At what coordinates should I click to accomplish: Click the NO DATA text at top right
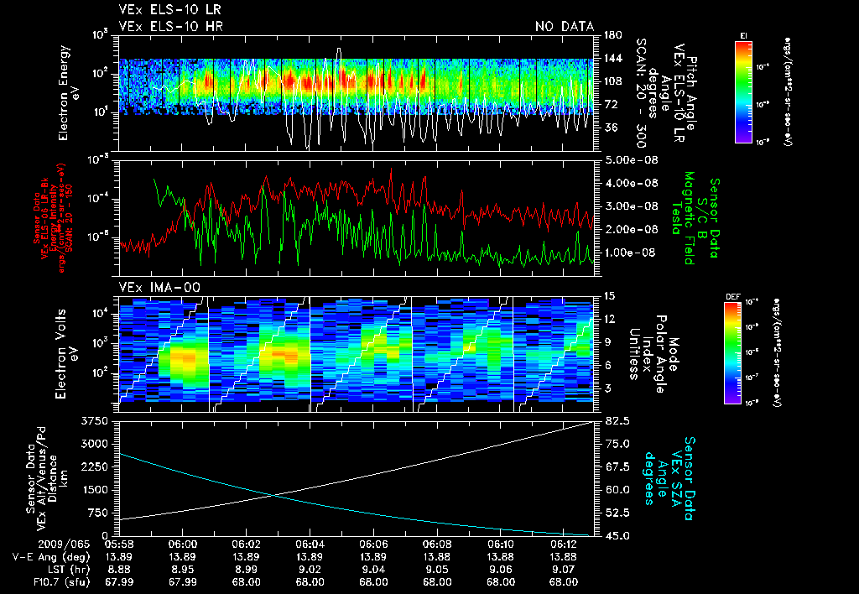click(565, 26)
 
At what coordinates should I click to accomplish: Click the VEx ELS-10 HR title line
click(170, 26)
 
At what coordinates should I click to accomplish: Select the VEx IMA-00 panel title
click(159, 288)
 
